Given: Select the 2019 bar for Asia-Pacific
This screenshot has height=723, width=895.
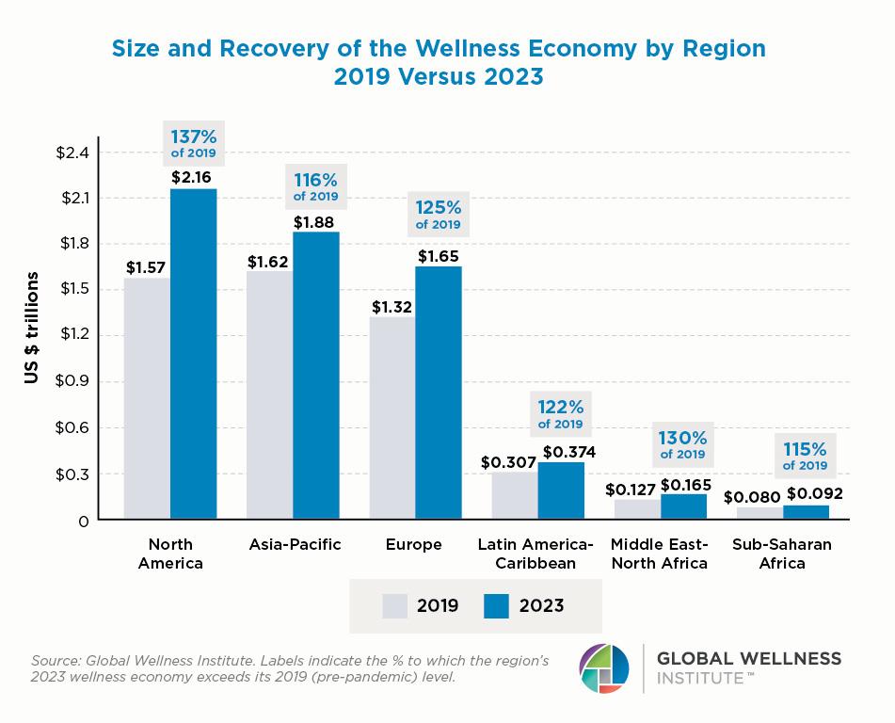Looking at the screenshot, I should click(269, 395).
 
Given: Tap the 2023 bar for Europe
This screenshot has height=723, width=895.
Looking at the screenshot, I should click(439, 393).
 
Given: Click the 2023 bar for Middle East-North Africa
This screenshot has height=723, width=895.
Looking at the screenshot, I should click(683, 506).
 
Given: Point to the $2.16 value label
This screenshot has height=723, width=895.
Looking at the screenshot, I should click(194, 176).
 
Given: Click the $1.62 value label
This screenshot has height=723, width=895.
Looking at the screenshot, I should click(269, 261).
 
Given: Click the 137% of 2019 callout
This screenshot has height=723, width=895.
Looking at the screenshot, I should click(194, 142).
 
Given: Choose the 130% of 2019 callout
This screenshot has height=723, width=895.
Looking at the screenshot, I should click(683, 444).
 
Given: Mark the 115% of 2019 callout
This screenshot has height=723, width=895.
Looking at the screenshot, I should click(805, 455).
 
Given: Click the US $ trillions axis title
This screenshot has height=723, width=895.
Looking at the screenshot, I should click(31, 328).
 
